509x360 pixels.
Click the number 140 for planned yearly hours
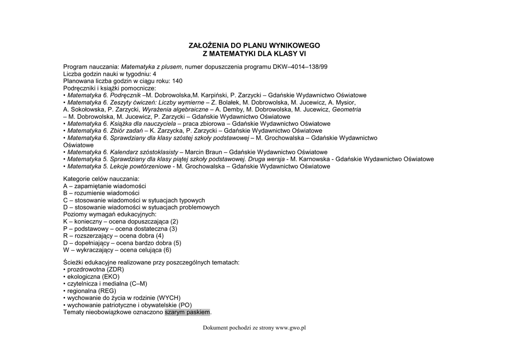click(x=177, y=81)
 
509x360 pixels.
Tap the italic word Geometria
click(x=346, y=109)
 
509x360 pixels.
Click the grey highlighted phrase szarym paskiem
click(x=187, y=312)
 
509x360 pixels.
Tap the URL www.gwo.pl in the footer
click(x=290, y=328)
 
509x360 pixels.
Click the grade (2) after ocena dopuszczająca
click(x=174, y=221)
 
